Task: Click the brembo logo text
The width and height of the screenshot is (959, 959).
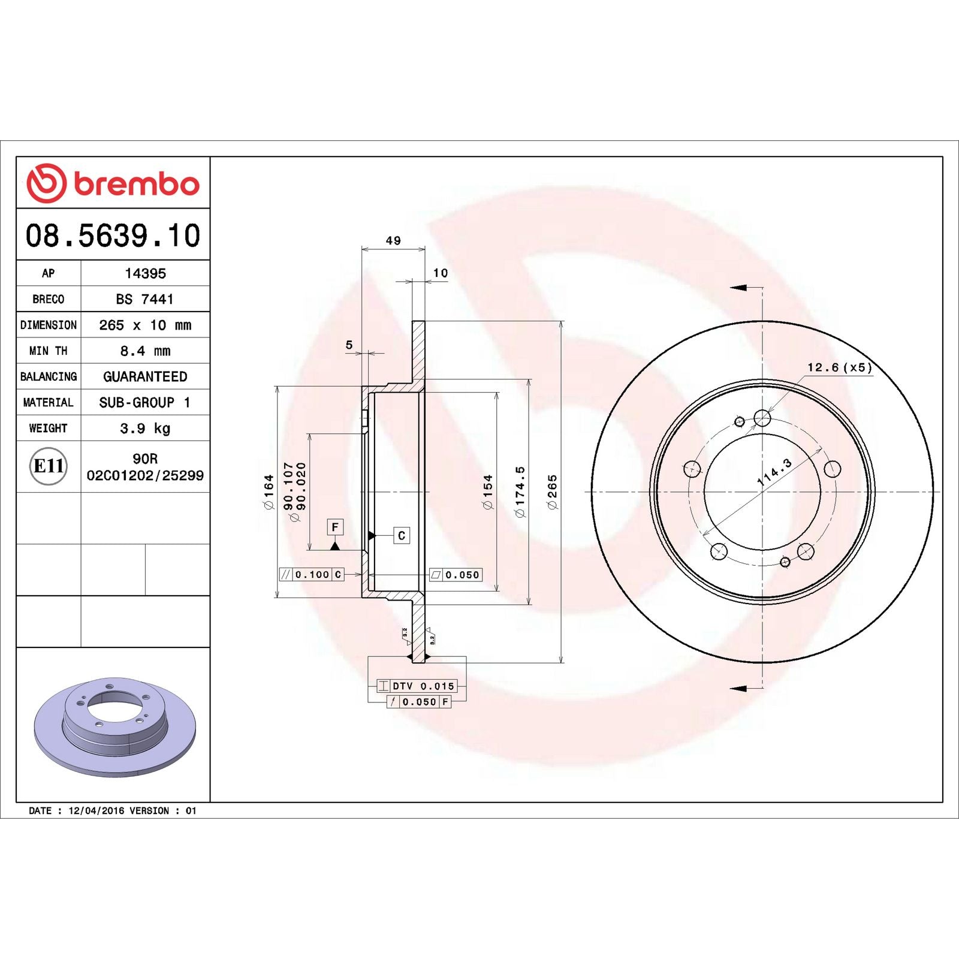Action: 136,184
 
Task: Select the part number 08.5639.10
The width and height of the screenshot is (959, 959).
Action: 113,236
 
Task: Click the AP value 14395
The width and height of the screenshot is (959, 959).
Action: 145,273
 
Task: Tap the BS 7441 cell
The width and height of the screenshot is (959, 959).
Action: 145,299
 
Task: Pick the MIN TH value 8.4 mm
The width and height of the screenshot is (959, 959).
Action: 145,351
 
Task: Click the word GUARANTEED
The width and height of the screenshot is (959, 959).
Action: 145,376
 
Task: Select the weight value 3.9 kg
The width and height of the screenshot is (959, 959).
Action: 145,428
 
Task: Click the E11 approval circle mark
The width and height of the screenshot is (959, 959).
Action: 48,466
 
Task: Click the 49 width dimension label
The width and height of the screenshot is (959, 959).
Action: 393,240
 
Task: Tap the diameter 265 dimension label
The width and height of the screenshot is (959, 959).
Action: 552,491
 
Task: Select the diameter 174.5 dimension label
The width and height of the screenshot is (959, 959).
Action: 520,491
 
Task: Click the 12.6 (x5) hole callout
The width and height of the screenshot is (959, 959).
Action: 839,367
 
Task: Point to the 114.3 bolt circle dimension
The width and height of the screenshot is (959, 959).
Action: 774,472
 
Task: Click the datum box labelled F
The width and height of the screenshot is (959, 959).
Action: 335,527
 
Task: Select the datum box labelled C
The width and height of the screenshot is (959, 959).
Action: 402,535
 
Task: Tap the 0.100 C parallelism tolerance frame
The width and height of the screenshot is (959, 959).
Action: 312,574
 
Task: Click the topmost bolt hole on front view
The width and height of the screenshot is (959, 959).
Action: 762,418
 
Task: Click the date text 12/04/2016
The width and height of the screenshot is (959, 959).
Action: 96,810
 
